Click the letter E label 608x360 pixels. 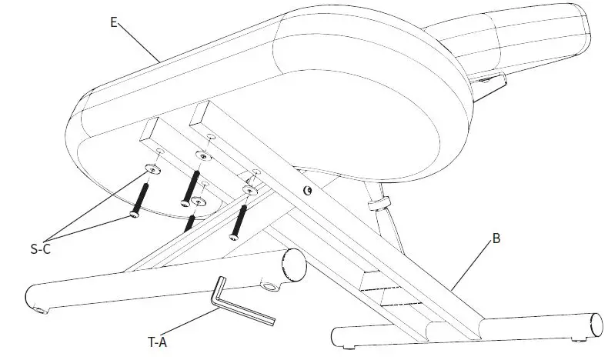(114, 22)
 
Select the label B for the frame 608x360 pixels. (496, 239)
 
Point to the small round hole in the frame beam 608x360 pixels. (308, 189)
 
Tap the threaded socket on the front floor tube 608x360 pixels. (269, 288)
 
